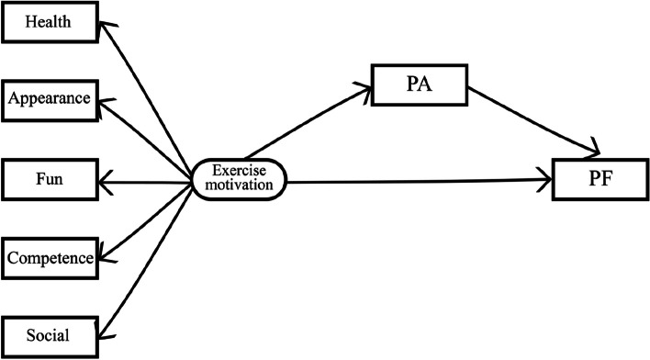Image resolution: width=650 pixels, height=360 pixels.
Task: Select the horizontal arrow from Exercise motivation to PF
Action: click(418, 179)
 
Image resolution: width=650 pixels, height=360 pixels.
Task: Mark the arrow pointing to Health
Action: click(147, 92)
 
